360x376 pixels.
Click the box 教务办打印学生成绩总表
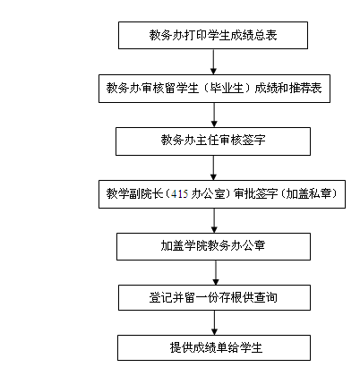(213, 35)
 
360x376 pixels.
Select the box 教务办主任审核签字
(213, 141)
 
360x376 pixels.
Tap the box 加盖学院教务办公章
(213, 246)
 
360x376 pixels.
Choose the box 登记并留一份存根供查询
(214, 297)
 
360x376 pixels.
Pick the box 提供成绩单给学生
(214, 347)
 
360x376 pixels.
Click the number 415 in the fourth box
(180, 194)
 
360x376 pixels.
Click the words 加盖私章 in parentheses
(309, 194)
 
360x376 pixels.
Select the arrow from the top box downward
(213, 62)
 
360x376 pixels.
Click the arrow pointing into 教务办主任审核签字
(214, 115)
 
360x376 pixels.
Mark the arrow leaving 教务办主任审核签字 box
(213, 167)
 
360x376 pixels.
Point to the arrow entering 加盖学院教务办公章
(214, 221)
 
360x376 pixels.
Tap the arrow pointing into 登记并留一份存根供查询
(216, 272)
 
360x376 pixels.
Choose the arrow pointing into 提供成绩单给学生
(214, 322)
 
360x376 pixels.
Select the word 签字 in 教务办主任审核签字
(253, 141)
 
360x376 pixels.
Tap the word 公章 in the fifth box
(253, 245)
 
